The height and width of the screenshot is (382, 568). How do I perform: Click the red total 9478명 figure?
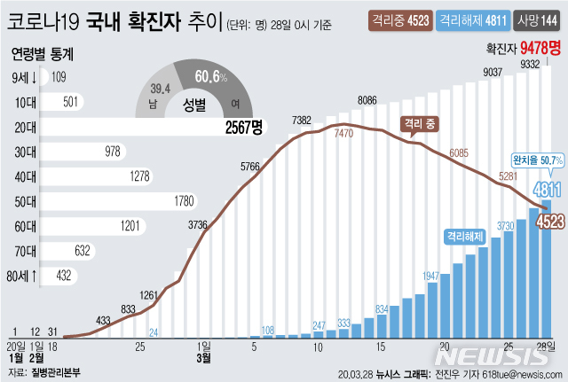click(539, 50)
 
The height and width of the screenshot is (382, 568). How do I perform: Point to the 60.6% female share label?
click(210, 78)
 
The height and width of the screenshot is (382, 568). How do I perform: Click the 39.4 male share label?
click(160, 89)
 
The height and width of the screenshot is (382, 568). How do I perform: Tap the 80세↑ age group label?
click(21, 276)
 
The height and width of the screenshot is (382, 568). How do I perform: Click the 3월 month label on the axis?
click(203, 358)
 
